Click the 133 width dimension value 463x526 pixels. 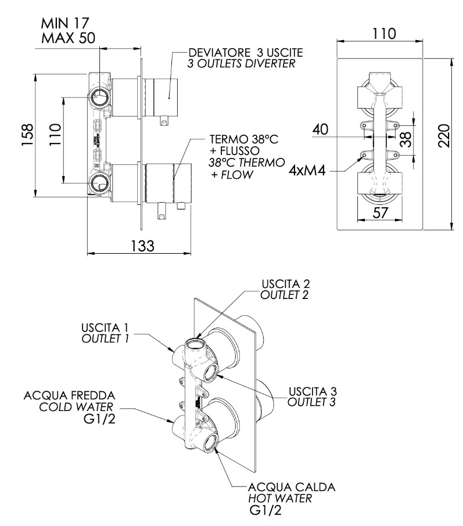click(x=141, y=246)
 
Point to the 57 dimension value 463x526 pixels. click(x=380, y=213)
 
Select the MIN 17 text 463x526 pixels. click(x=65, y=24)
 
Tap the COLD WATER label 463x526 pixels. click(x=74, y=406)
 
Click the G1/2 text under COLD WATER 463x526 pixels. click(x=100, y=419)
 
